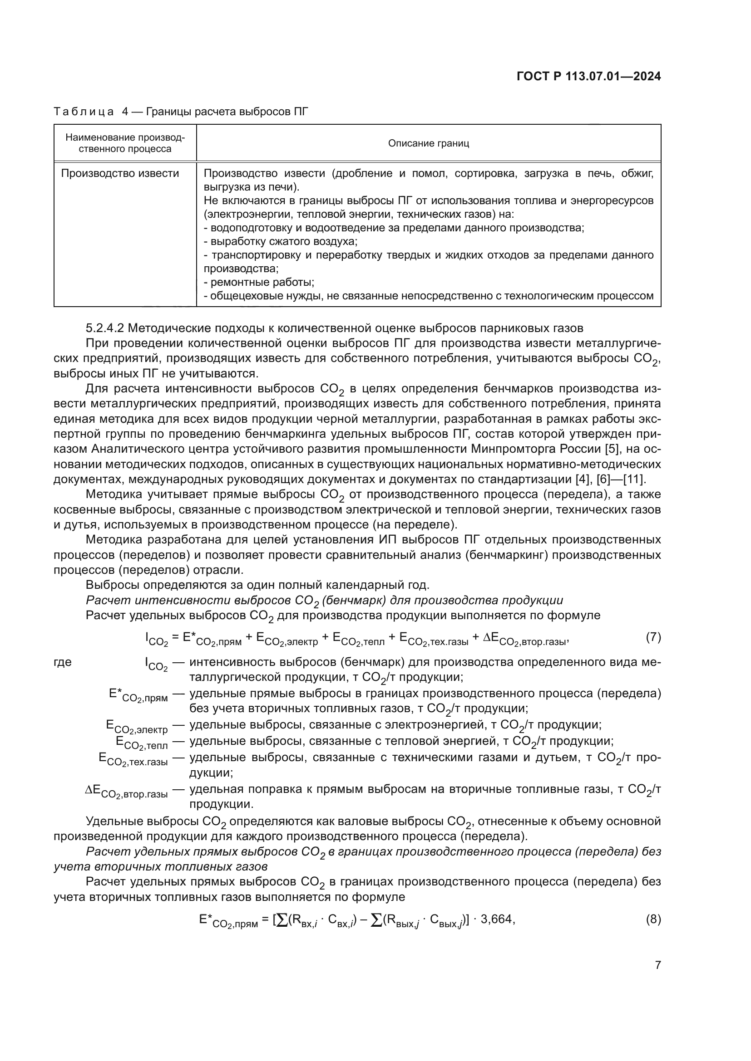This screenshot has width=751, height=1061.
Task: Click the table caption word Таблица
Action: (83, 112)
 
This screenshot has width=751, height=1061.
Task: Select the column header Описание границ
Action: (428, 143)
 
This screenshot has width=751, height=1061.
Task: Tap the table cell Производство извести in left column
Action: (120, 173)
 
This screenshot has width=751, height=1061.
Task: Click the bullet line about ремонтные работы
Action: (259, 282)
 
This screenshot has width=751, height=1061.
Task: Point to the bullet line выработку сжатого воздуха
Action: (281, 241)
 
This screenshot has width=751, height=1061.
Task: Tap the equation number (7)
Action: (653, 637)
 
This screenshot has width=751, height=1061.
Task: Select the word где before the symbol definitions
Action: (63, 662)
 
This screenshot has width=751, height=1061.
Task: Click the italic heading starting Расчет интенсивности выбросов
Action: (324, 600)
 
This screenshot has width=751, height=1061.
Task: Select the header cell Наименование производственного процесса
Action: (125, 143)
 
